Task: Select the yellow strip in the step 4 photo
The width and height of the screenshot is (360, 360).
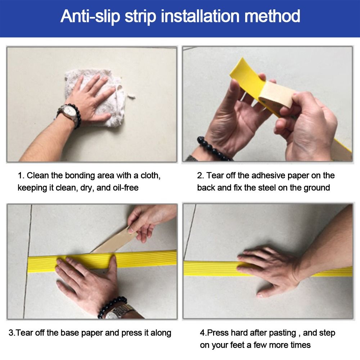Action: [x=209, y=268]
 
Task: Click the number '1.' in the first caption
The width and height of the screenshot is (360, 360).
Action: [x=21, y=176]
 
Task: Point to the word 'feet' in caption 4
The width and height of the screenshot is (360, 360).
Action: [x=240, y=345]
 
